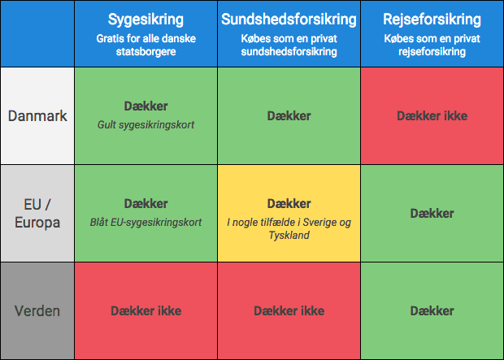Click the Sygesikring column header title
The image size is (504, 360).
pyautogui.click(x=146, y=20)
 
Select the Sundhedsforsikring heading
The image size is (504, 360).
pyautogui.click(x=289, y=20)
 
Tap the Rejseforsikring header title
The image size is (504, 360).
pyautogui.click(x=432, y=20)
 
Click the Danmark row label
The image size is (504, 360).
pyautogui.click(x=37, y=115)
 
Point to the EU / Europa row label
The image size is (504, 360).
pyautogui.click(x=37, y=213)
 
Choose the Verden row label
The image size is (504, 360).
pyautogui.click(x=37, y=310)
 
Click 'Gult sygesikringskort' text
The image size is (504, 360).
pyautogui.click(x=146, y=124)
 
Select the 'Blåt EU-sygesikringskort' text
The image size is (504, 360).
pyautogui.click(x=146, y=223)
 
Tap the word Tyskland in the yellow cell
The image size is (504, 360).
pyautogui.click(x=289, y=236)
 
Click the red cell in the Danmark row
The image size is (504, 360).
pyautogui.click(x=432, y=115)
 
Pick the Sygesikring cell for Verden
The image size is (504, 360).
pyautogui.click(x=146, y=310)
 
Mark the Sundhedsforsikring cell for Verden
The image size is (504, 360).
pyautogui.click(x=289, y=310)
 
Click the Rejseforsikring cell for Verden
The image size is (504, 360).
pyautogui.click(x=432, y=310)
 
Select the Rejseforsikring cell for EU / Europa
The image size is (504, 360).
pyautogui.click(x=432, y=213)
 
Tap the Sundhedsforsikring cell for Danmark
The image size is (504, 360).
pyautogui.click(x=289, y=115)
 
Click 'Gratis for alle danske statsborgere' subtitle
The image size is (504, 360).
pyautogui.click(x=146, y=45)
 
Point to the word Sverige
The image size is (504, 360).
pyautogui.click(x=319, y=222)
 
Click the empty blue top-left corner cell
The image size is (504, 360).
pyautogui.click(x=37, y=33)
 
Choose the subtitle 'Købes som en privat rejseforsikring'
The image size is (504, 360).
pyautogui.click(x=432, y=45)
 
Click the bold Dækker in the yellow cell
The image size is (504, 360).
pyautogui.click(x=289, y=203)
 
